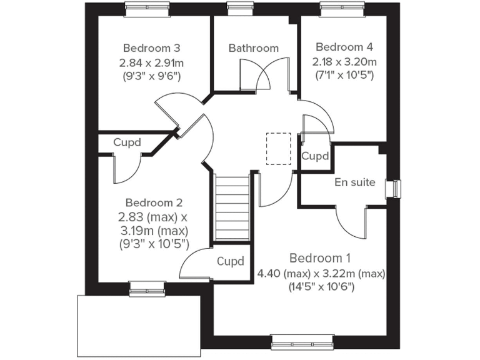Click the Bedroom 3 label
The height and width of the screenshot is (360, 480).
point(152,47)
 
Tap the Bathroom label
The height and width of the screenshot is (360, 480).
point(253,48)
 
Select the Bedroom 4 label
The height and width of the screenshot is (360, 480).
point(344,47)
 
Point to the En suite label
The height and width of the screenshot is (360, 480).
point(355,182)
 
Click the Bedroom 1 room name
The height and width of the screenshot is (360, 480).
point(320,258)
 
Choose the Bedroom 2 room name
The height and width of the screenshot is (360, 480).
point(154,202)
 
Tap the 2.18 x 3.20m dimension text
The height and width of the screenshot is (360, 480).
point(344,62)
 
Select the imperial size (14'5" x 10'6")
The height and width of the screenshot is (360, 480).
point(321,287)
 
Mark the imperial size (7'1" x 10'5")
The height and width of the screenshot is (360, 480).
point(344,76)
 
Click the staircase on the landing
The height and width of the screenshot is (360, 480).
point(232,209)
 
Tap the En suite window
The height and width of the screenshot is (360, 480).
point(394,188)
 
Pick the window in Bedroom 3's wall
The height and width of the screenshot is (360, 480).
point(143,7)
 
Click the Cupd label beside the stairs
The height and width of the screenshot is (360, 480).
point(230,261)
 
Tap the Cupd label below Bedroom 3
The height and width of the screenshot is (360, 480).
point(127,142)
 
